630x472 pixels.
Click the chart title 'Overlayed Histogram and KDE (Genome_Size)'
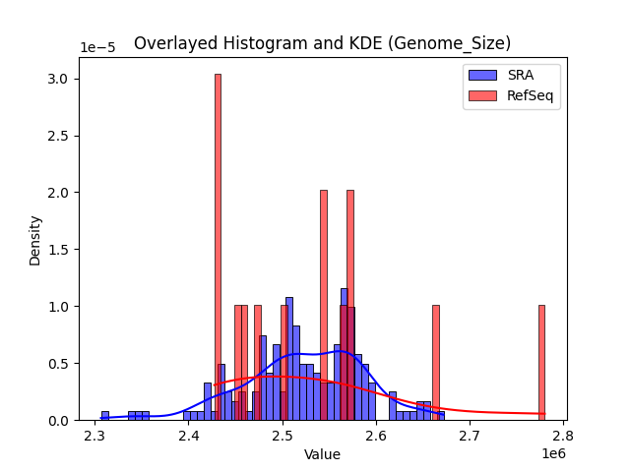pos(322,43)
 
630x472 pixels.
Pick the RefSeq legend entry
pos(512,95)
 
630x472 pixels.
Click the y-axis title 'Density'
pos(35,240)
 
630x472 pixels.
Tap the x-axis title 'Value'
pos(322,454)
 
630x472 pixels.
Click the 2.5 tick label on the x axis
pos(283,435)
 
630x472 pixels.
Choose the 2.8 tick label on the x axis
pos(563,435)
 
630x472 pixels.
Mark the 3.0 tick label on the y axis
pos(62,79)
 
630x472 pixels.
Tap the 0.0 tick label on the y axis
pos(62,421)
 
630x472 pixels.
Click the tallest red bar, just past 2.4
pos(218,246)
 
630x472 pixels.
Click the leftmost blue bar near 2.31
pos(105,416)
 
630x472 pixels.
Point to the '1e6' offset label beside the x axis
pos(554,453)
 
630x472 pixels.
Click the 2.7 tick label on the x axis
pos(470,435)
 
